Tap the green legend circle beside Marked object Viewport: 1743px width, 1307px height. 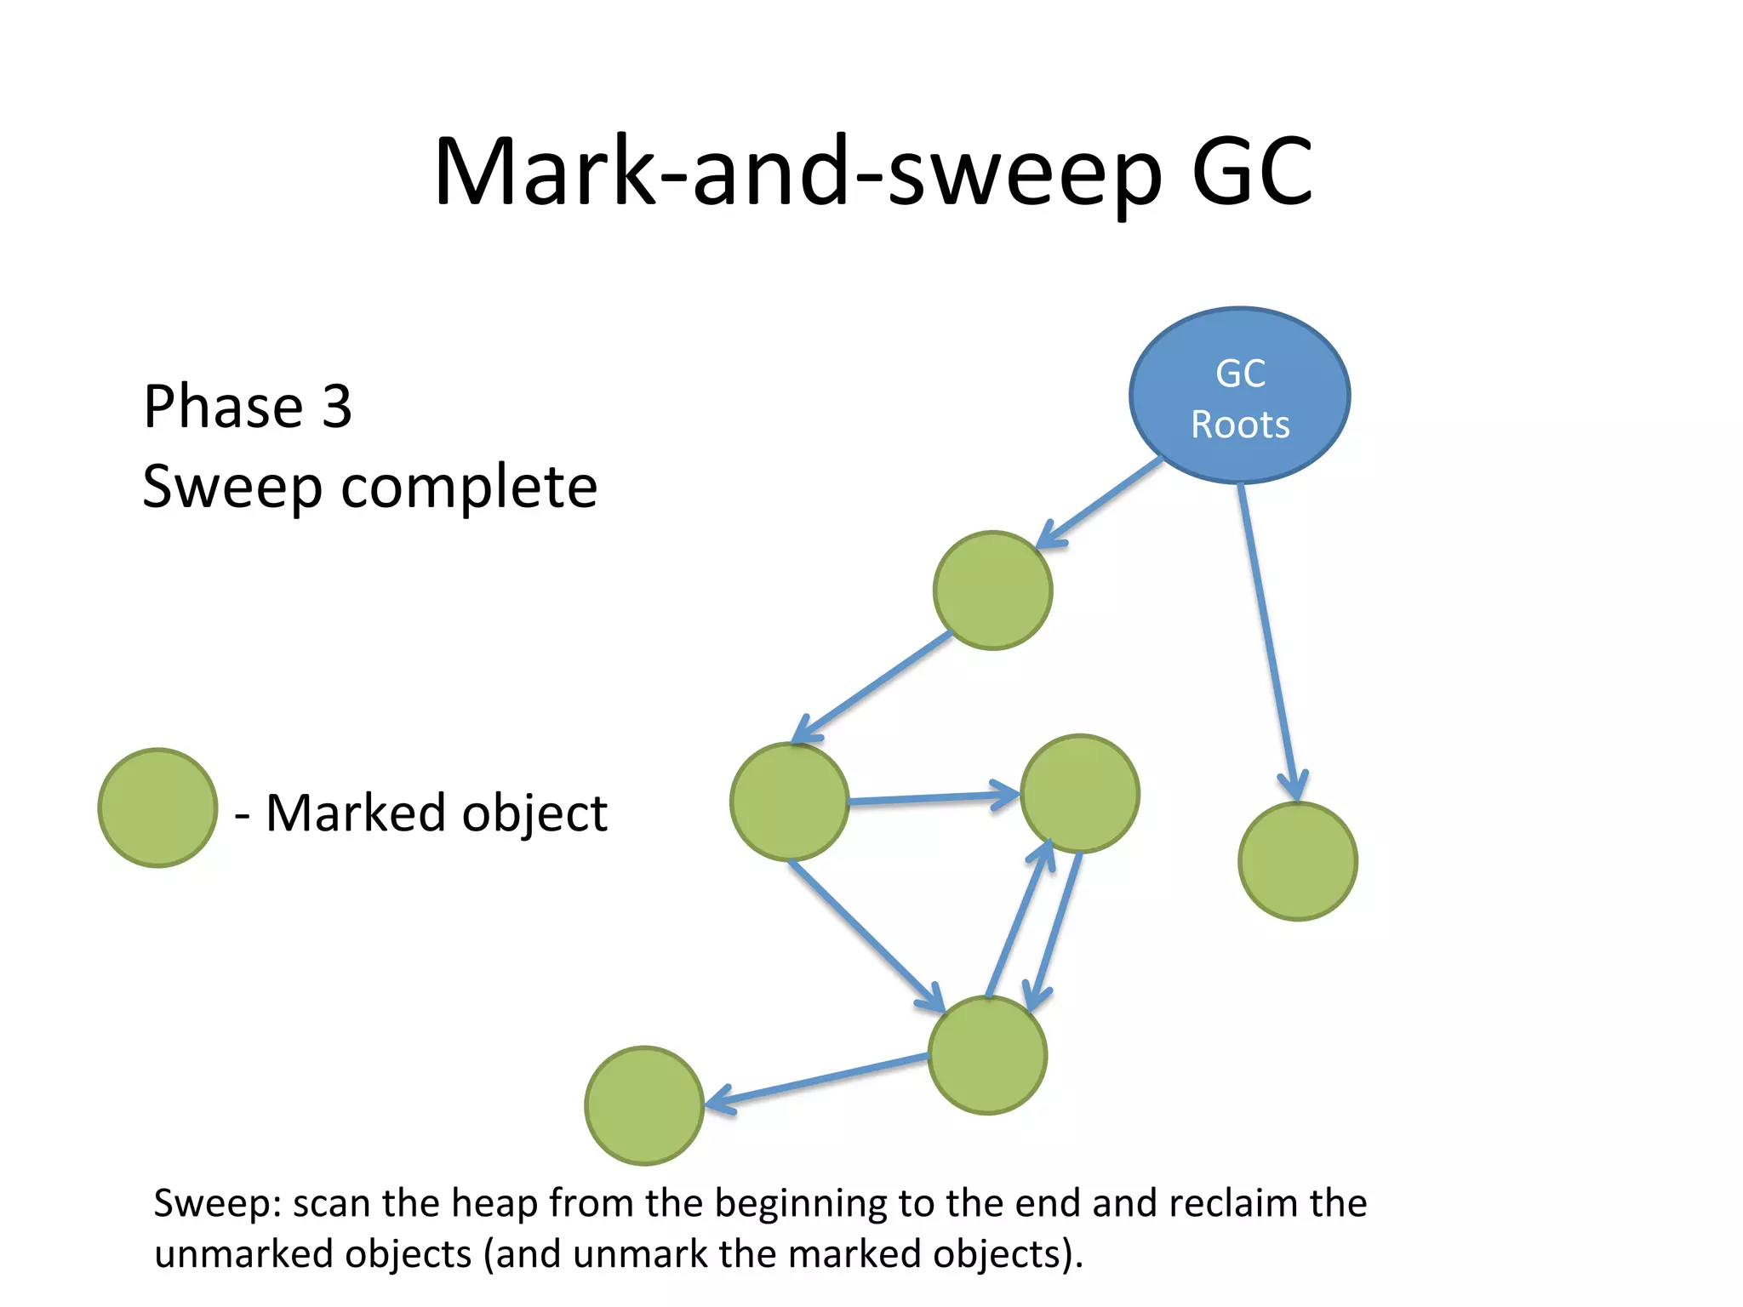pyautogui.click(x=157, y=808)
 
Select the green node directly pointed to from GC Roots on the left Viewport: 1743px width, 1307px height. pyautogui.click(x=992, y=591)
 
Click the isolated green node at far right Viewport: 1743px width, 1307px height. pyautogui.click(x=1297, y=861)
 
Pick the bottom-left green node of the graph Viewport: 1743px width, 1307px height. pyautogui.click(x=644, y=1105)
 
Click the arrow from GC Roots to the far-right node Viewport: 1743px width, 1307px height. pyautogui.click(x=1268, y=638)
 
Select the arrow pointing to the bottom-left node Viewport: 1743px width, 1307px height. pyautogui.click(x=817, y=1081)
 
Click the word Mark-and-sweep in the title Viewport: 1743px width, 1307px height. pyautogui.click(x=797, y=173)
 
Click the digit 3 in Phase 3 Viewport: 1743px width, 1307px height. pyautogui.click(x=337, y=406)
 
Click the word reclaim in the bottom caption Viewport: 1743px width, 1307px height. pyautogui.click(x=1233, y=1203)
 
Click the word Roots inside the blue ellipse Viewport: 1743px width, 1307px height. pyautogui.click(x=1239, y=425)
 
